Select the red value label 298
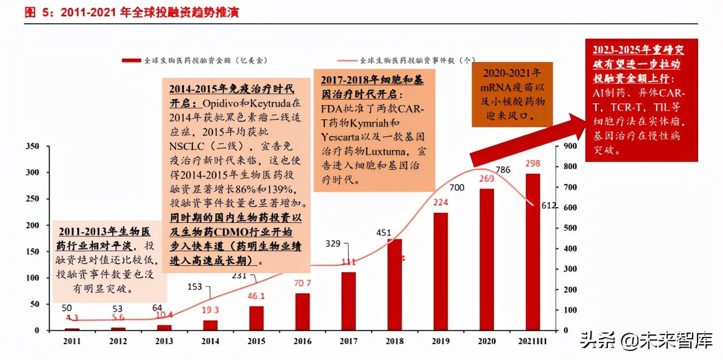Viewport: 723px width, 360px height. click(533, 164)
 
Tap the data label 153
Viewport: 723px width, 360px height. click(195, 287)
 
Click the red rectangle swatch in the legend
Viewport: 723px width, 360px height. click(131, 60)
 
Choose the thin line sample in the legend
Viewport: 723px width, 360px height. click(347, 60)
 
